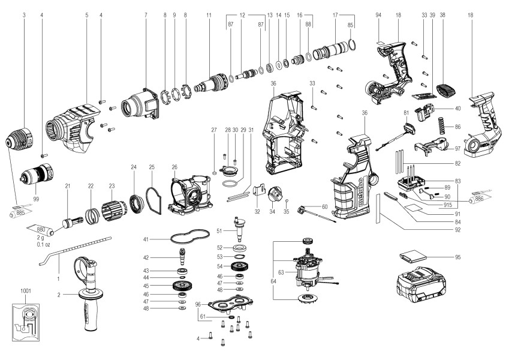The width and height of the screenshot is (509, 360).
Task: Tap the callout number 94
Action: (x=378, y=13)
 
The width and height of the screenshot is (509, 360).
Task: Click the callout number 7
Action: (x=146, y=13)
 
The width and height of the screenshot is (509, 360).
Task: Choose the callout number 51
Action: (x=220, y=230)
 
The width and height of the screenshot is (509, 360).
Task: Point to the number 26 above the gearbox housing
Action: (x=174, y=167)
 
